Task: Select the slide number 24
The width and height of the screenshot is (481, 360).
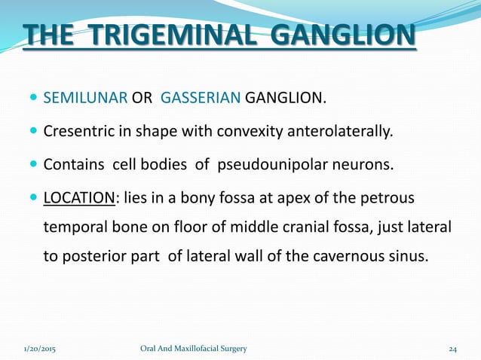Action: [x=453, y=349]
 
